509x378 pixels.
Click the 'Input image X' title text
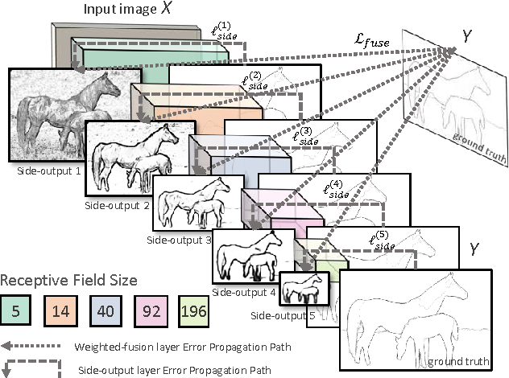(124, 10)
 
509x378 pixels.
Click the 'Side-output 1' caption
(37, 171)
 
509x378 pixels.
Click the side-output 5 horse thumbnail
(304, 289)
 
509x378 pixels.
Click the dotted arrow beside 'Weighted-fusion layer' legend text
(31, 345)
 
